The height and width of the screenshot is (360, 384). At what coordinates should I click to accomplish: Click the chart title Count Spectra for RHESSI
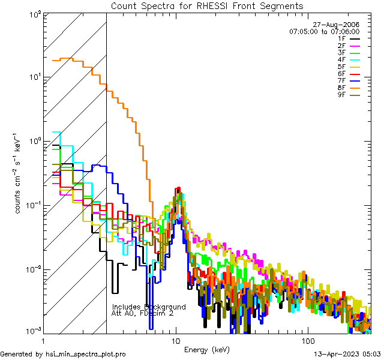coord(207,5)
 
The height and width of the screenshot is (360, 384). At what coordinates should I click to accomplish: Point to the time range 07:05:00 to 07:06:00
coord(324,31)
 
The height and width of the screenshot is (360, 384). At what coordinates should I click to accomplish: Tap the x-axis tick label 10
coord(175,340)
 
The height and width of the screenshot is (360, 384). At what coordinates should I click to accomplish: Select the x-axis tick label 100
coord(307,340)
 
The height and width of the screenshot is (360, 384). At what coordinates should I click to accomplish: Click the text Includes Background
coord(149,307)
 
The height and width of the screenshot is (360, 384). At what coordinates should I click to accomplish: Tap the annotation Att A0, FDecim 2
coord(143,313)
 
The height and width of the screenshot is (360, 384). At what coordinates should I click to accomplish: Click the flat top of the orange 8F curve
coord(63,59)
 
